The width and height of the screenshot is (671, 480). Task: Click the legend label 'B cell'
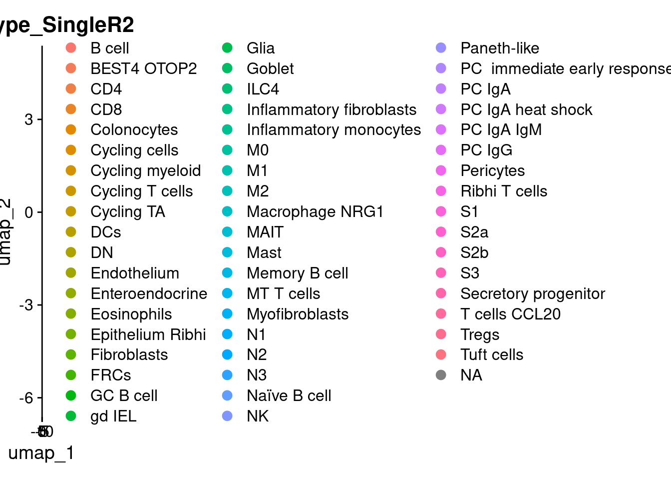(110, 48)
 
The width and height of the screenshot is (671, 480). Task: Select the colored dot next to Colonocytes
(71, 129)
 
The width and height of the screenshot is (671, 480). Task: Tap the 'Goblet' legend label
(270, 68)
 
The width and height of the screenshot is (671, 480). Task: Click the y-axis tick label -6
(26, 398)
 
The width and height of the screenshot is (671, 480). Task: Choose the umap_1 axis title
(41, 452)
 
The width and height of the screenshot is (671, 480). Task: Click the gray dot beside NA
(441, 375)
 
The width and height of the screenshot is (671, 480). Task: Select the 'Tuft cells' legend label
(492, 354)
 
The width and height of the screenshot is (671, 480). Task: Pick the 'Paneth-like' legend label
(500, 48)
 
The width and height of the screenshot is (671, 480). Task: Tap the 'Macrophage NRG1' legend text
(315, 211)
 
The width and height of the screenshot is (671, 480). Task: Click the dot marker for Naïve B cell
(227, 395)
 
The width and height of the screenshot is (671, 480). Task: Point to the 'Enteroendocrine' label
(149, 293)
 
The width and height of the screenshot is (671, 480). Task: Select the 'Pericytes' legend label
(492, 170)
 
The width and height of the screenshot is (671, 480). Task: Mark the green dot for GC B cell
(71, 395)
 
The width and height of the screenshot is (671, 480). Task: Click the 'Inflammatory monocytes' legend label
(334, 129)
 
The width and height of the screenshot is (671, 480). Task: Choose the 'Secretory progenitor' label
(533, 293)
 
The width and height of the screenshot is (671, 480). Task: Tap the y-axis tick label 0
(28, 212)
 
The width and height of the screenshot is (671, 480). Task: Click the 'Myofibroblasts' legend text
(298, 314)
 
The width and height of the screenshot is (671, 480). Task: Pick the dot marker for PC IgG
(441, 150)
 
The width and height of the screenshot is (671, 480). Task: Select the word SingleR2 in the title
(88, 25)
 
